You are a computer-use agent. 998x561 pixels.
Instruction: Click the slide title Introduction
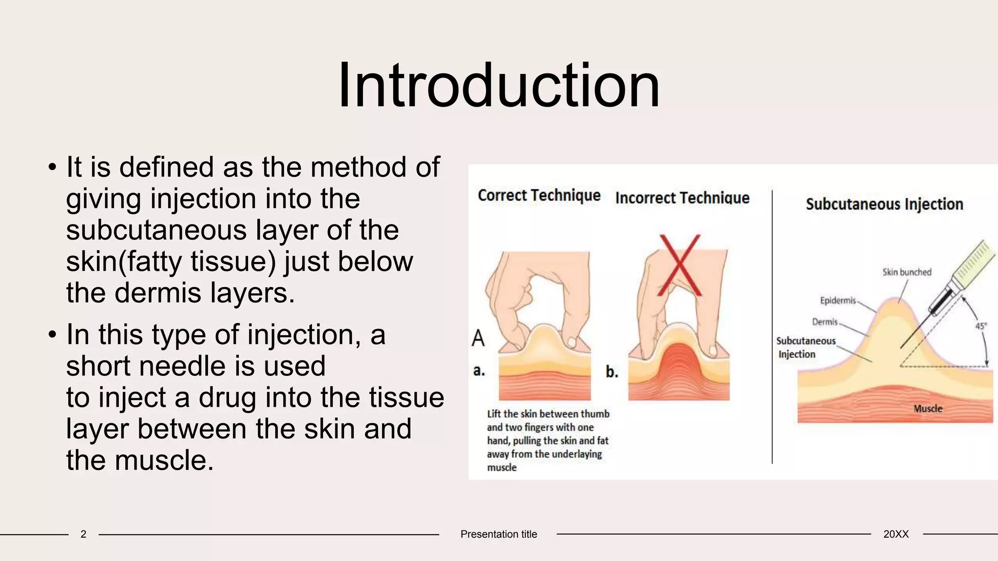(x=499, y=86)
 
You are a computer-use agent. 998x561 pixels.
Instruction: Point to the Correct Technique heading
(x=539, y=196)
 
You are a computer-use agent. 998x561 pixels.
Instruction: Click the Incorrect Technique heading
(x=682, y=198)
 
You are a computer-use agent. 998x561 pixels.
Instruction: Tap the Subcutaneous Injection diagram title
(x=884, y=205)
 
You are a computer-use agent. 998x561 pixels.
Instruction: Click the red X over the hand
(x=679, y=265)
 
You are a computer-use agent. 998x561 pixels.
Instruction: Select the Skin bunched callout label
(x=906, y=272)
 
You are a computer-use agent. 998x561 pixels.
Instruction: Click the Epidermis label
(x=838, y=300)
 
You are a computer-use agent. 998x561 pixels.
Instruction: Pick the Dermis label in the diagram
(x=825, y=322)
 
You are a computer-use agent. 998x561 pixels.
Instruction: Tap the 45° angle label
(x=980, y=326)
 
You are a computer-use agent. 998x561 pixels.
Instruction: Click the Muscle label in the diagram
(x=928, y=409)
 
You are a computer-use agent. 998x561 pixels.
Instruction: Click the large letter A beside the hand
(x=478, y=338)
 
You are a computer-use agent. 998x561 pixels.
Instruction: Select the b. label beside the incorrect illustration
(x=612, y=372)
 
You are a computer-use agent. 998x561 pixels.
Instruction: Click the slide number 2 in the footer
(x=83, y=534)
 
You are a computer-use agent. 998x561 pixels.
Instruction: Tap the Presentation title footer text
(x=499, y=534)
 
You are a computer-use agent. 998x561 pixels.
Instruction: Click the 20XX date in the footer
(x=896, y=534)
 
